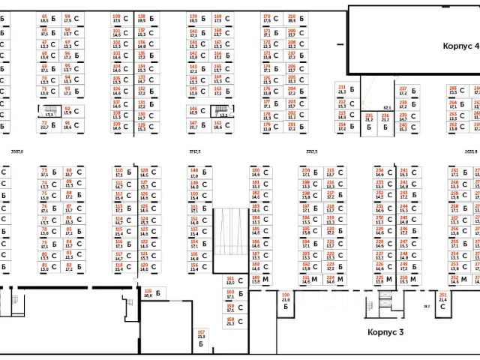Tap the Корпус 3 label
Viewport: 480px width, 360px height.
click(x=386, y=331)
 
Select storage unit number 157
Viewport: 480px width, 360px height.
click(x=201, y=337)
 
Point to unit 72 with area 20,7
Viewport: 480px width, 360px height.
click(x=45, y=125)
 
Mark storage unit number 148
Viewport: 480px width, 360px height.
click(x=194, y=174)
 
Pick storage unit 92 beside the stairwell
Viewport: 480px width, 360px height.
click(x=67, y=111)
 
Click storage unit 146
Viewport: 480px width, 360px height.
click(x=193, y=111)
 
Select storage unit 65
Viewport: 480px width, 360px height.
click(x=44, y=18)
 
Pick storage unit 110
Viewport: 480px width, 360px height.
click(x=118, y=174)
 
